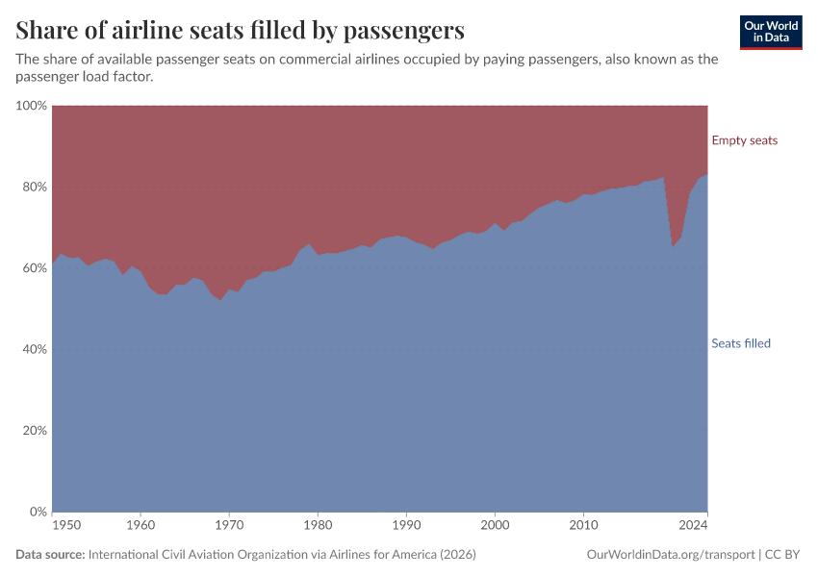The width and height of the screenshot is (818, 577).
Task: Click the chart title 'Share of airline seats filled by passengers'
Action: (240, 30)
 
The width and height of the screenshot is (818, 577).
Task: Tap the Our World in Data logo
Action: (770, 32)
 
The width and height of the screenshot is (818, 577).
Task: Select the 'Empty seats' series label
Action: (744, 140)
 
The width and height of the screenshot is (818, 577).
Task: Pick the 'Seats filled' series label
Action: (740, 343)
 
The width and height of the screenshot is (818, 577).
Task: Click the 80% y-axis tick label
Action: (34, 187)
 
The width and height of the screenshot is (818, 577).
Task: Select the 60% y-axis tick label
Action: (34, 267)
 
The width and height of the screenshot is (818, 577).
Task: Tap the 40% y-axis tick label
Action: (34, 349)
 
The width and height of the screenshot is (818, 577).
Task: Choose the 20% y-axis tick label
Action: (34, 431)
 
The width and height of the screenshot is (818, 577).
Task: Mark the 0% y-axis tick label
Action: (38, 512)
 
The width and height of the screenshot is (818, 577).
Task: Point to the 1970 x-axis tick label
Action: (229, 526)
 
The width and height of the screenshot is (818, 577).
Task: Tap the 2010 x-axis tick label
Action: (583, 526)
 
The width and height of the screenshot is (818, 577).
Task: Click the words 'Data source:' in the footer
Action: (50, 555)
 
